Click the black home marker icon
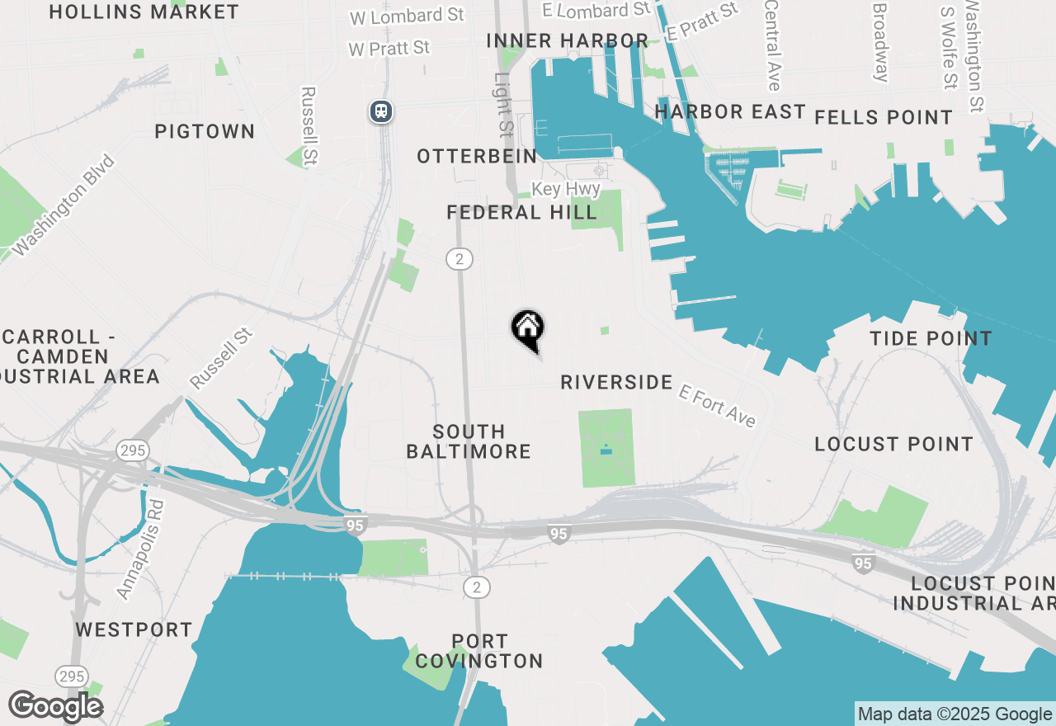(528, 329)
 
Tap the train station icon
(380, 111)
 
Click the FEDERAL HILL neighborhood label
(521, 213)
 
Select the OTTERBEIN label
(477, 156)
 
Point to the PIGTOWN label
(205, 131)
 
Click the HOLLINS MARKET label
(144, 12)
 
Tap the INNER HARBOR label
(568, 40)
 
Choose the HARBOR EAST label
(730, 111)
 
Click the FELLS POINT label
(884, 117)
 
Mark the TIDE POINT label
(931, 338)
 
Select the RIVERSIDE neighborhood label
(616, 382)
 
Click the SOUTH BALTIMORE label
(469, 441)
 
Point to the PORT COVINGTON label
(479, 651)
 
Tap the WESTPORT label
(134, 629)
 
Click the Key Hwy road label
(565, 189)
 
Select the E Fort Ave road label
(718, 405)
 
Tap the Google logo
(55, 706)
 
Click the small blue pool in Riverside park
(606, 450)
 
